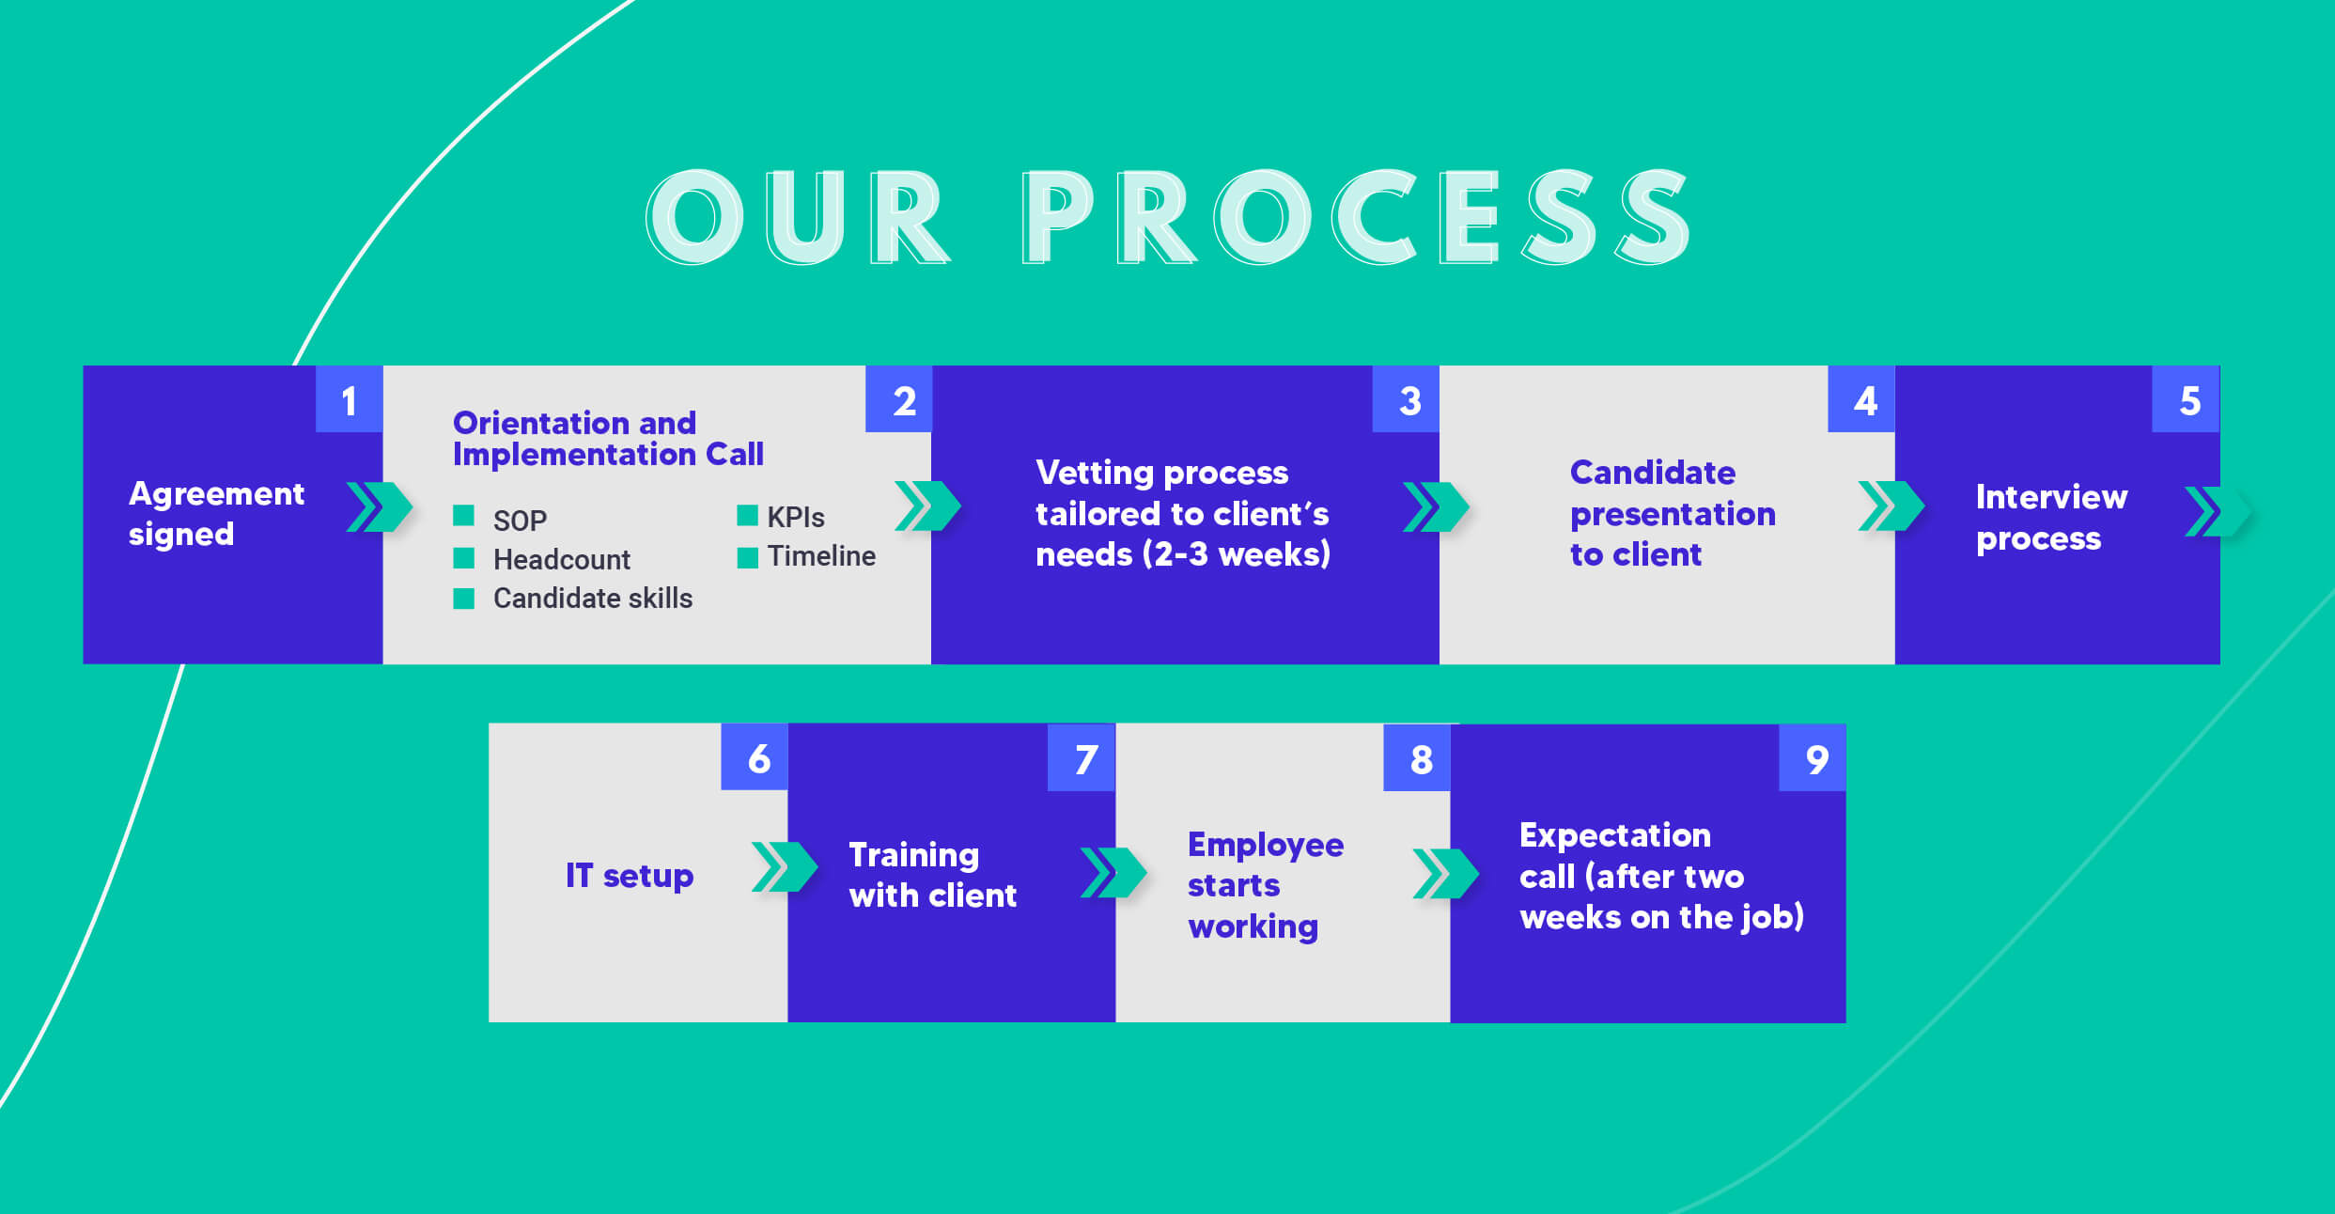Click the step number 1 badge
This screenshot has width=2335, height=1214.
coord(349,399)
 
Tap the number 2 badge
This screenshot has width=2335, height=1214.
coord(898,399)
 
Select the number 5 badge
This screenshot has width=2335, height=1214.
coord(2187,399)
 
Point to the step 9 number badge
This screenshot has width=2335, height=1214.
coord(1813,757)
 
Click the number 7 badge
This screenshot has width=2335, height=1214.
coord(1082,757)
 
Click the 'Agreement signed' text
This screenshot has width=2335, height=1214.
coord(216,514)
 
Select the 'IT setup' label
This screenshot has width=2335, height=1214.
coord(630,876)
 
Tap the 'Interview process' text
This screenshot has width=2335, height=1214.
coord(2051,518)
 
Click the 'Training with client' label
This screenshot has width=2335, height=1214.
coord(932,876)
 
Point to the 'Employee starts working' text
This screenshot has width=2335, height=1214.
coord(1266,885)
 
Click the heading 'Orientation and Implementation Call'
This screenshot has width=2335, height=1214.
coord(608,439)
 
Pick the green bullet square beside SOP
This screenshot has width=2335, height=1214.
coord(463,515)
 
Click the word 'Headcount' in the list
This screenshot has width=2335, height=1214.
coord(562,560)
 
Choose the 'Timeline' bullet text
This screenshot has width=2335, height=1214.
coord(821,556)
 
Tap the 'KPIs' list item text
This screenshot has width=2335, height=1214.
coord(796,518)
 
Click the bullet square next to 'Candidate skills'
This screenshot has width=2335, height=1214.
coord(463,599)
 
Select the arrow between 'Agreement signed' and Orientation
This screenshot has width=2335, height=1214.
coord(379,506)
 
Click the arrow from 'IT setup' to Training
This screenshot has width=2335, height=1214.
coord(785,866)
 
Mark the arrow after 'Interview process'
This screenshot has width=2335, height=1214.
coord(2218,512)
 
